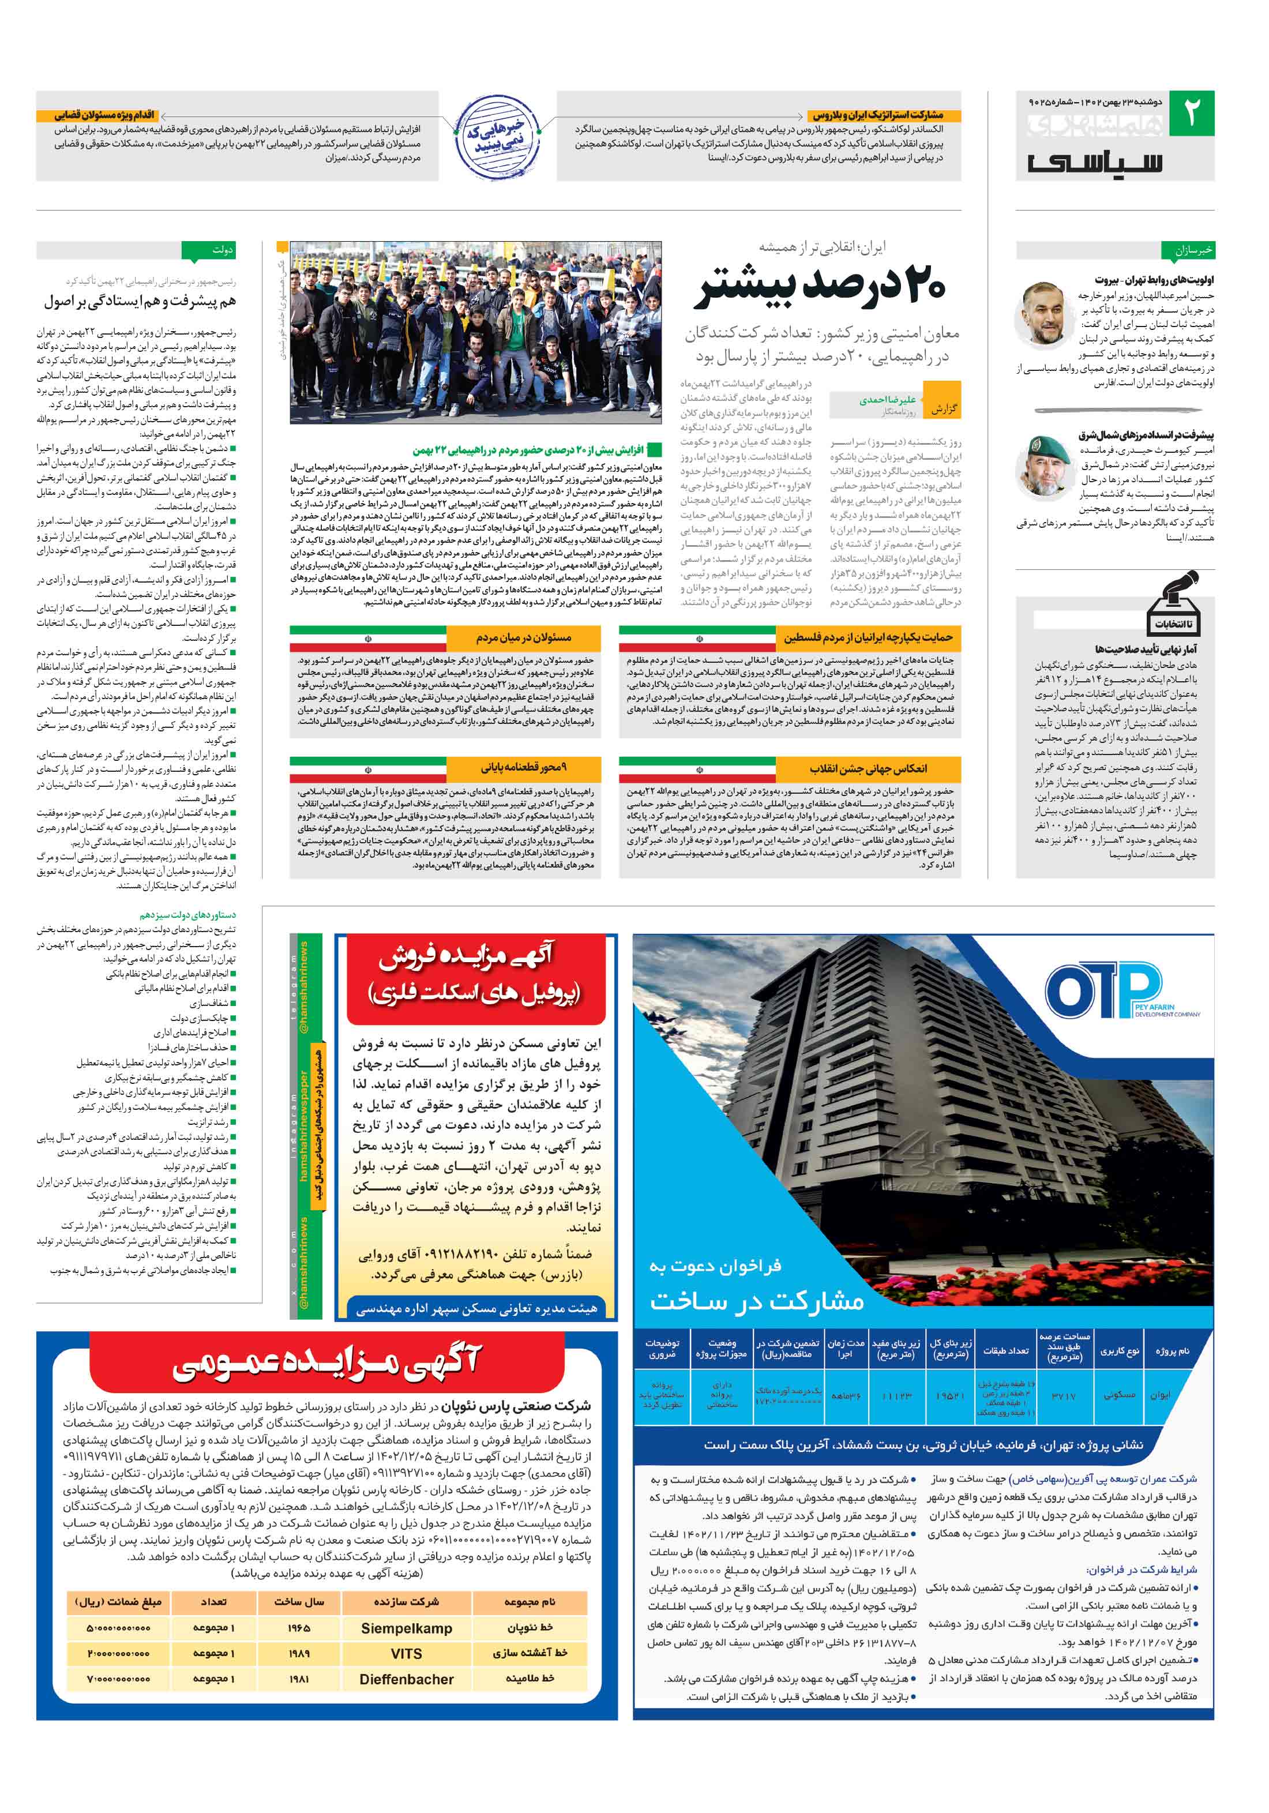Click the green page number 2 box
1191,113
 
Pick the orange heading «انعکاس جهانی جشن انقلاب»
867,768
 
